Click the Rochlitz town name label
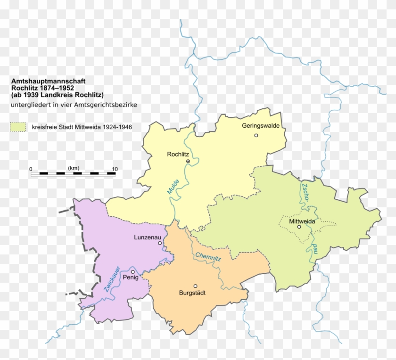(178, 154)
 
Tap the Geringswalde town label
(261, 126)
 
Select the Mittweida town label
(302, 221)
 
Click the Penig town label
(130, 278)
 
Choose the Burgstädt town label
(192, 293)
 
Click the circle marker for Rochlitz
(188, 161)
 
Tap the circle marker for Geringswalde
(256, 135)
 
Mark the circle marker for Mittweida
(299, 227)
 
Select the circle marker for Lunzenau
(160, 243)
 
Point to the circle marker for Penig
(133, 271)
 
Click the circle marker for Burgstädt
(196, 286)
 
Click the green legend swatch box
(18, 127)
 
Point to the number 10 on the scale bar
(115, 169)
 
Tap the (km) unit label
(73, 168)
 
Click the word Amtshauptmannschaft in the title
(42, 81)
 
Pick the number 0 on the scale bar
(31, 169)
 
